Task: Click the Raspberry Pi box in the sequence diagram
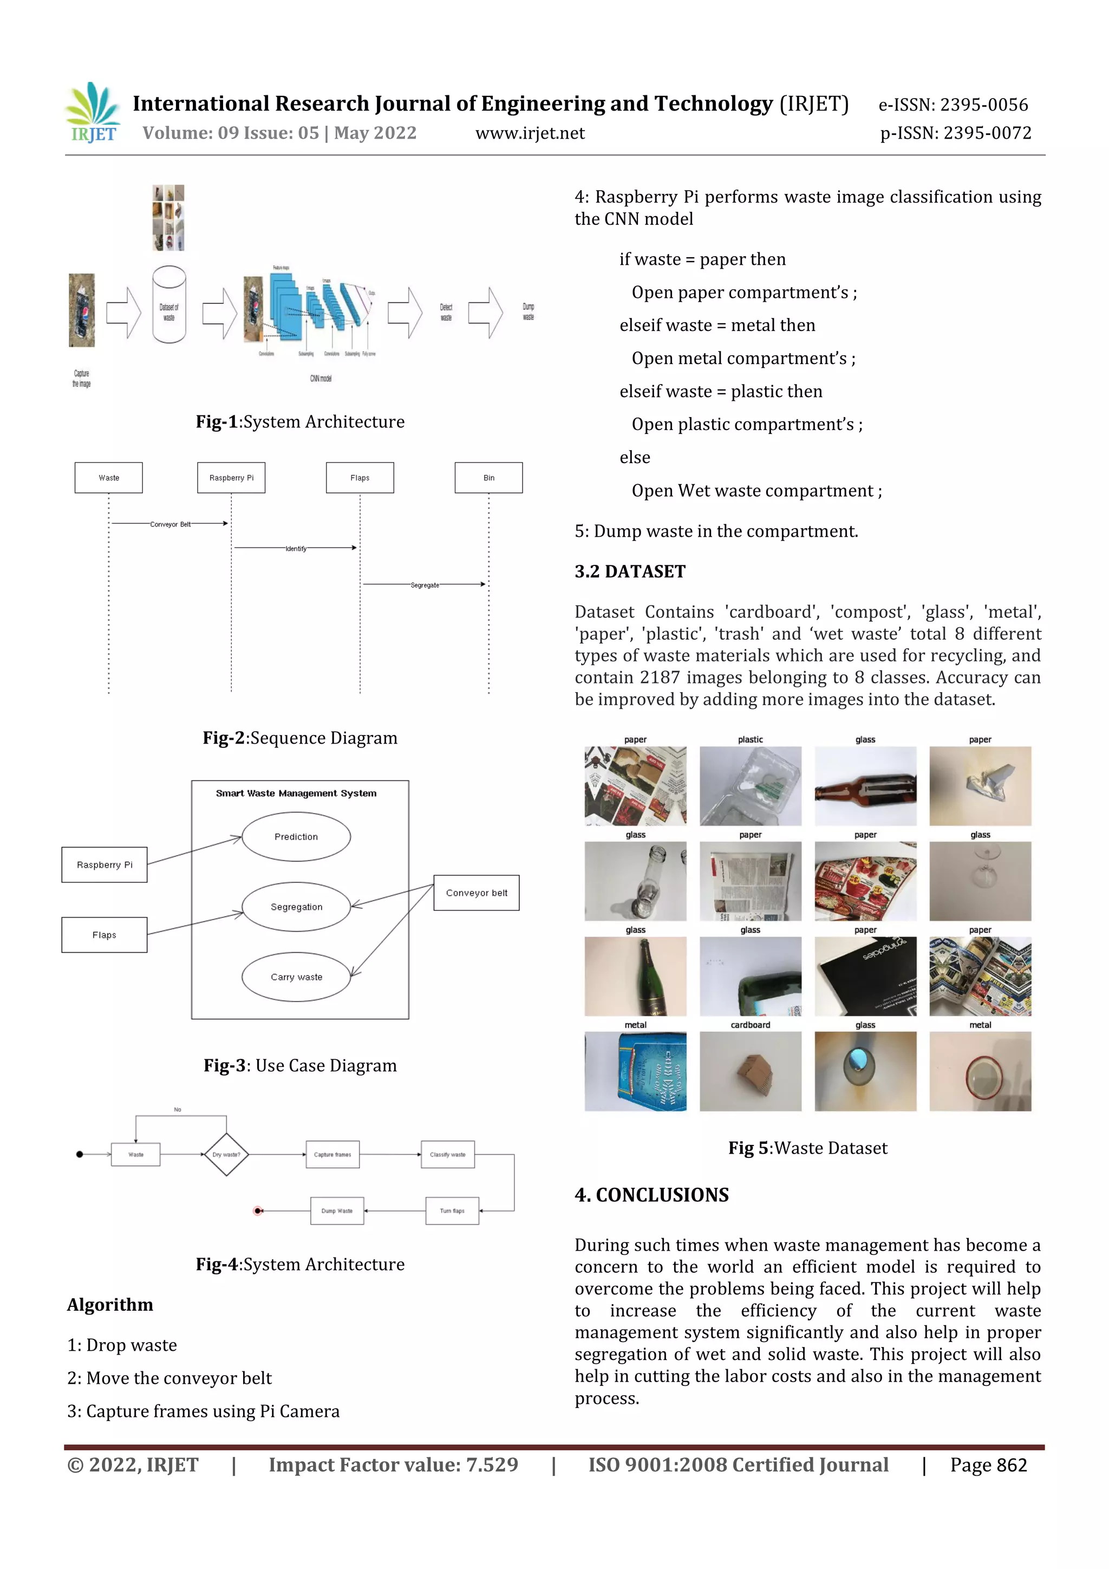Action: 231,478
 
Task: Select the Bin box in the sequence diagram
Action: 488,478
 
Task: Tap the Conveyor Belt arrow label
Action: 170,524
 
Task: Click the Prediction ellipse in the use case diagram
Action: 296,836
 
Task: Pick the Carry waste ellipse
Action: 296,976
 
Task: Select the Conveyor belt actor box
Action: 477,893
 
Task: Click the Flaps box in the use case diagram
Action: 104,935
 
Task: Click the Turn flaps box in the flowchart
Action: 452,1210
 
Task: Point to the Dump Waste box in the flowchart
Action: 337,1210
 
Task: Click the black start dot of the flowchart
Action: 79,1154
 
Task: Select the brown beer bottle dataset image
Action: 865,786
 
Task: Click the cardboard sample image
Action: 751,1071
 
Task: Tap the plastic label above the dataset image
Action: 751,739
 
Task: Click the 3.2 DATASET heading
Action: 629,571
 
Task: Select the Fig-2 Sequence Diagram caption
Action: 300,738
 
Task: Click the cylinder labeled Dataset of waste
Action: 169,305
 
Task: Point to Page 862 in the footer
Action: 988,1464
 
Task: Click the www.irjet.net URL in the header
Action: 530,133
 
